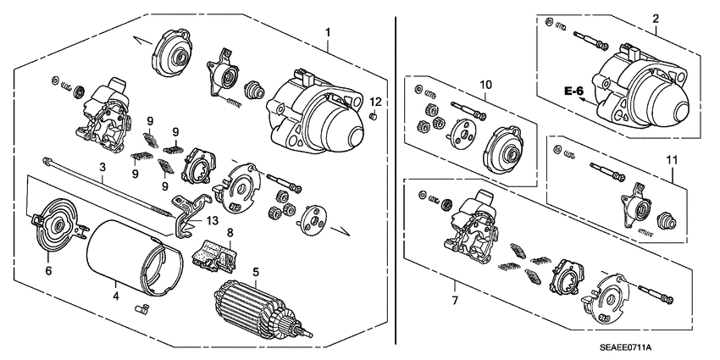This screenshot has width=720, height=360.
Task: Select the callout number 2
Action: [655, 18]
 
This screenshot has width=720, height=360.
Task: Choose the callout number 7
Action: [455, 301]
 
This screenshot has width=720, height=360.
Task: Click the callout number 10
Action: [485, 85]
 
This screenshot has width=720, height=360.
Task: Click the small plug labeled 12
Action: [373, 116]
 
